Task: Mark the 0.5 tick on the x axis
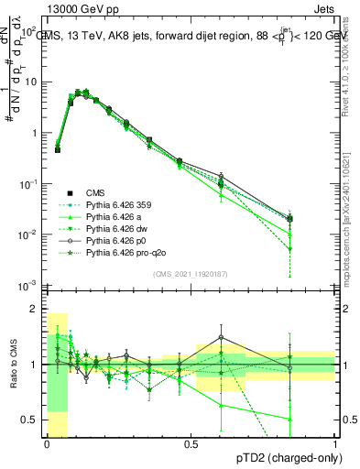[x=191, y=442]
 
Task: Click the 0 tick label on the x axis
[x=47, y=442]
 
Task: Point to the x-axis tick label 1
[x=334, y=442]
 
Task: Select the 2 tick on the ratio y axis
[x=35, y=309]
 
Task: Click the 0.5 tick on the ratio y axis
[x=31, y=420]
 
